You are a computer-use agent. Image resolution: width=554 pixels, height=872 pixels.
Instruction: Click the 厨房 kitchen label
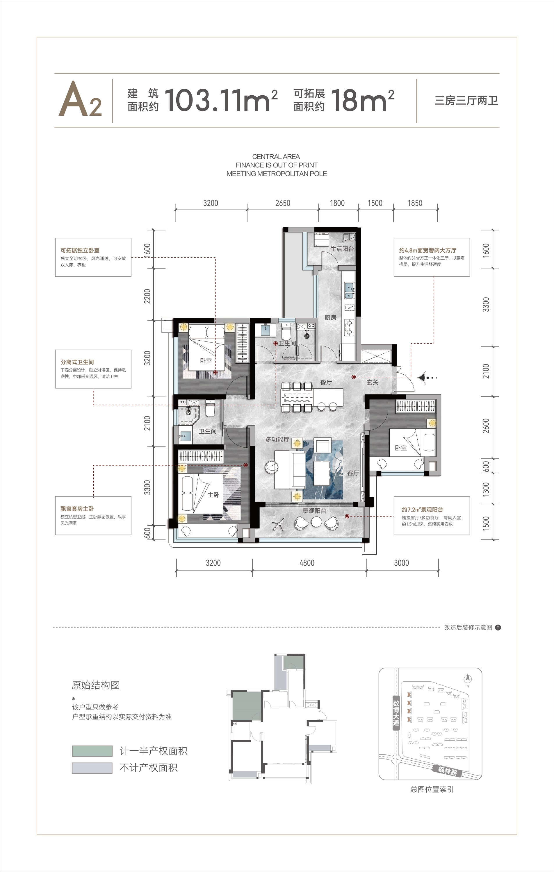[x=330, y=318]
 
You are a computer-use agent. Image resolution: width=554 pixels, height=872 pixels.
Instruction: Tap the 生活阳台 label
[x=342, y=249]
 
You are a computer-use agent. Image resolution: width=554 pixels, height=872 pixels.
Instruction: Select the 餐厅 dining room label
[x=326, y=382]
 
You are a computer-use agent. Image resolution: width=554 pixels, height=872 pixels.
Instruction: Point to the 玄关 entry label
[x=373, y=382]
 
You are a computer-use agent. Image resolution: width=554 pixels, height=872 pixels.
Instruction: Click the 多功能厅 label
[x=277, y=439]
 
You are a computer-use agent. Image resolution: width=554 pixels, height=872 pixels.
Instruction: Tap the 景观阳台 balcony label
[x=314, y=511]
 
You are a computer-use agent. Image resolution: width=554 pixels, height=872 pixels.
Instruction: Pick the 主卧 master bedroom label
[x=213, y=495]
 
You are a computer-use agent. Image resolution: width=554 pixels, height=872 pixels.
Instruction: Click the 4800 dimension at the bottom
[x=307, y=563]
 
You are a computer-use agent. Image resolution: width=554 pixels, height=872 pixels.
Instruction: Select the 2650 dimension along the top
[x=283, y=203]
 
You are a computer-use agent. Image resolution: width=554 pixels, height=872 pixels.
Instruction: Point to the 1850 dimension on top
[x=415, y=203]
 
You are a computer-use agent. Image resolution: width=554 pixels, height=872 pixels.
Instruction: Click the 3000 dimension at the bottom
[x=401, y=563]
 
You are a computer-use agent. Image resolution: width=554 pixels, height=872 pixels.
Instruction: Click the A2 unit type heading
[x=80, y=99]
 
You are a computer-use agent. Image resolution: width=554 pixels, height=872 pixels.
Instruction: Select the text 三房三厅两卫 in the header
[x=466, y=100]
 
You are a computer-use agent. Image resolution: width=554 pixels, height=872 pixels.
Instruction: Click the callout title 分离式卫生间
[x=77, y=362]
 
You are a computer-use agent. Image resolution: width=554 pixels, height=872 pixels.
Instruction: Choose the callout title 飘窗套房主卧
[x=77, y=508]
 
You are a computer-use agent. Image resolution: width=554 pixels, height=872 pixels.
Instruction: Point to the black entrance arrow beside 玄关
[x=421, y=378]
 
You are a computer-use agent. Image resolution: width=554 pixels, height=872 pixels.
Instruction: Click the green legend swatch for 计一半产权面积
[x=92, y=751]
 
